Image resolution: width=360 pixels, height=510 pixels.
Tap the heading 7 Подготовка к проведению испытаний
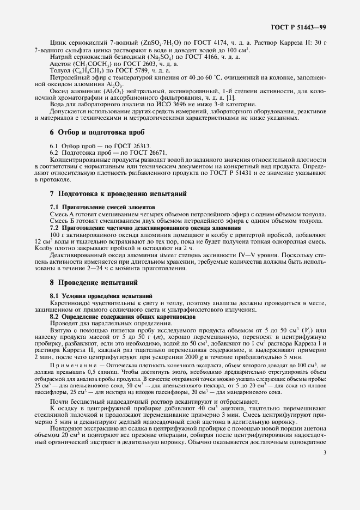point(118,193)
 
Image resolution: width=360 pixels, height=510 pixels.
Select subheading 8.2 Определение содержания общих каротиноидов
point(120,317)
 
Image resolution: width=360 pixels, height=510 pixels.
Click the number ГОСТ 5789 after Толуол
point(149,70)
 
